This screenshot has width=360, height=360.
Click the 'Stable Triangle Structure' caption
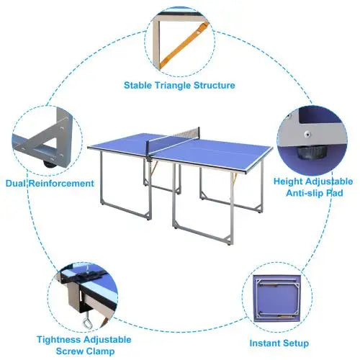[179, 85]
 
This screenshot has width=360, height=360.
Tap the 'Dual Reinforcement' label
[50, 184]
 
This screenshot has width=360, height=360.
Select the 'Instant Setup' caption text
[279, 343]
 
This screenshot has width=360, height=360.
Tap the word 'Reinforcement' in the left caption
[63, 184]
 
